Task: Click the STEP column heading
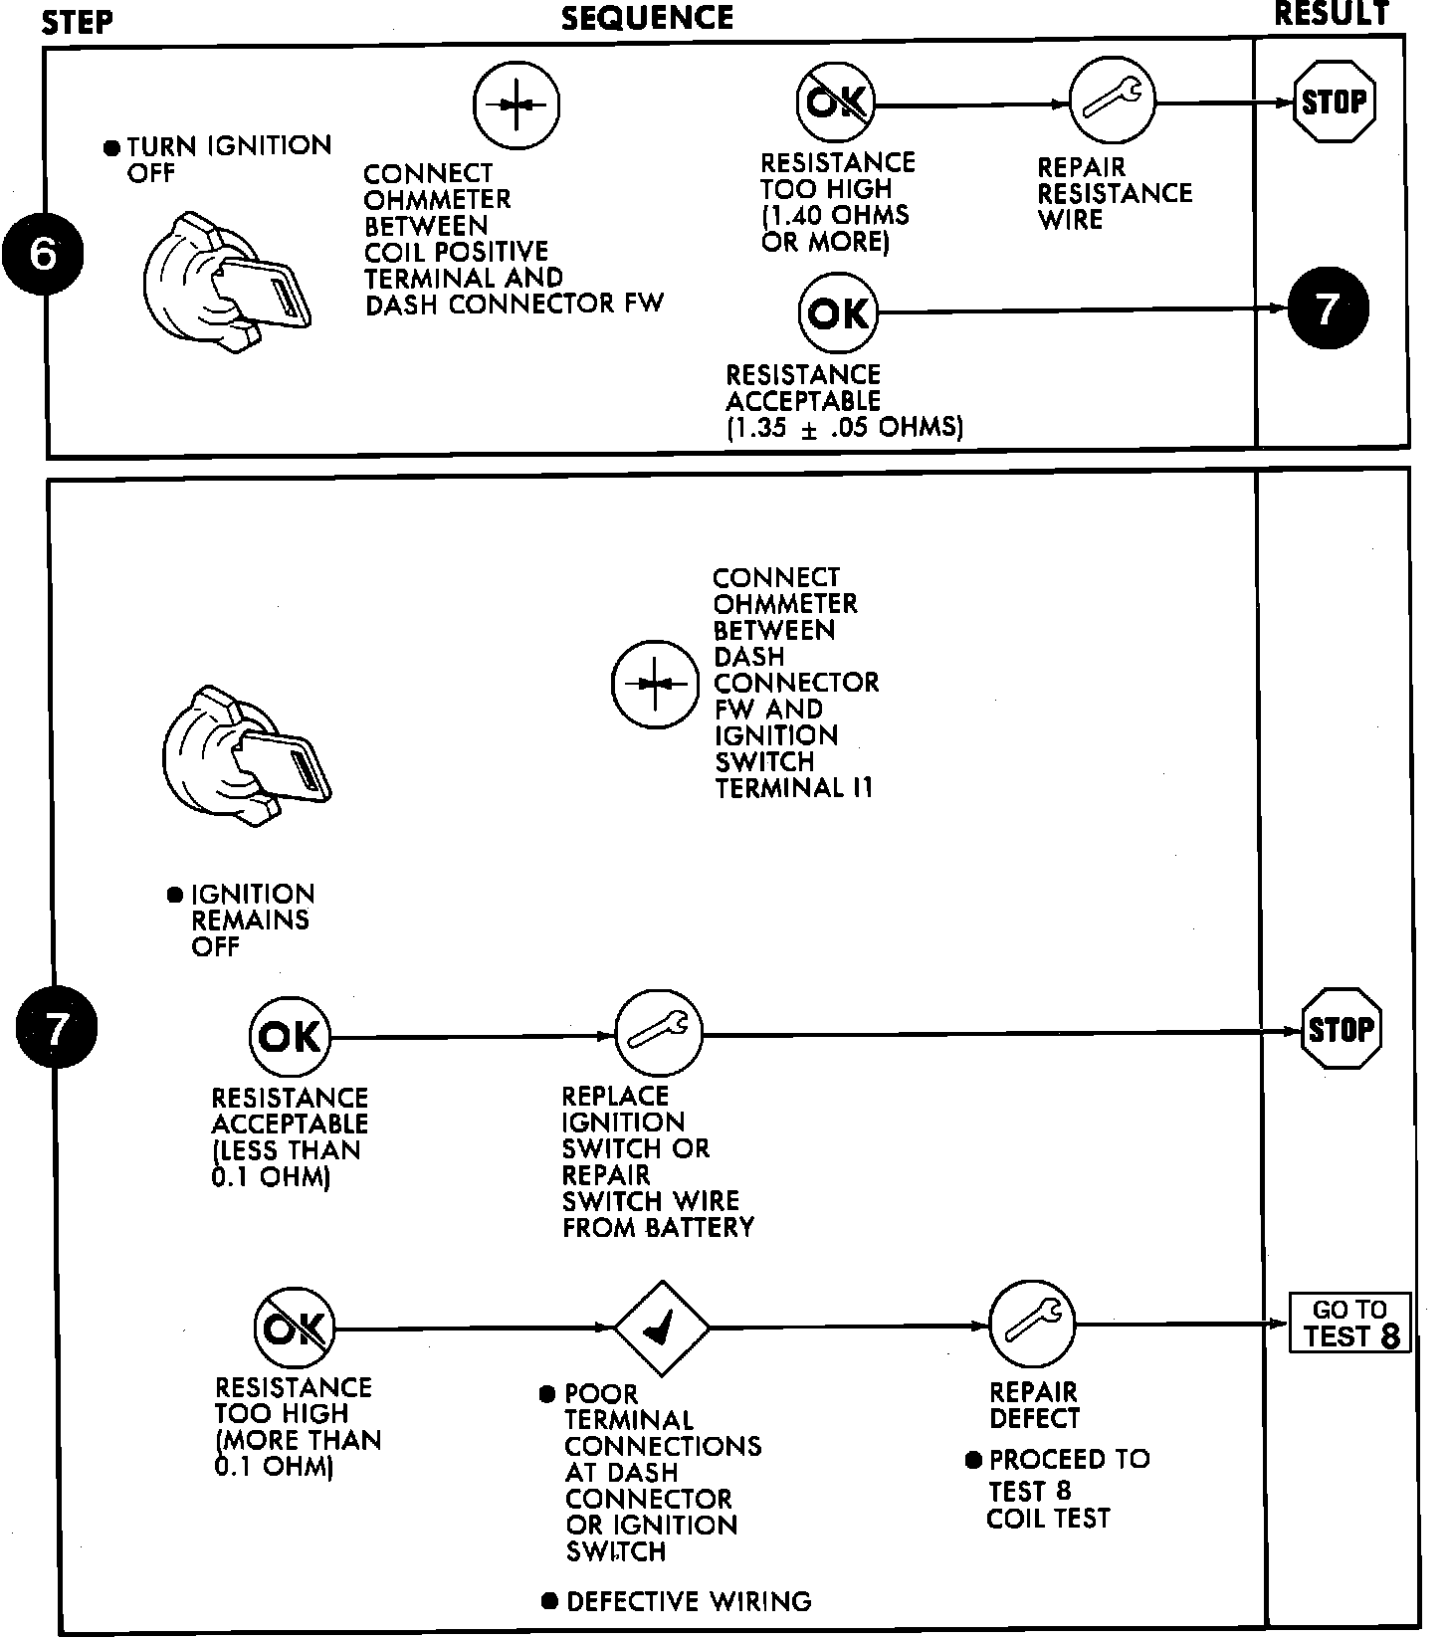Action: click(77, 21)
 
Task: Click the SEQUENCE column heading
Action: click(647, 18)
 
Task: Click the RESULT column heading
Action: click(1331, 14)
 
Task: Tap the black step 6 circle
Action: click(42, 256)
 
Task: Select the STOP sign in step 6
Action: click(1334, 102)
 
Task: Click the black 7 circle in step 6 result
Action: click(1329, 308)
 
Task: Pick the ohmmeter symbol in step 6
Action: click(516, 103)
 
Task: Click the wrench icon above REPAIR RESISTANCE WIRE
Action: click(1113, 101)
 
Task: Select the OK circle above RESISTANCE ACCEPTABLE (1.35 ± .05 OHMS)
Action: click(839, 313)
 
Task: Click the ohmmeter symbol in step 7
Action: click(654, 684)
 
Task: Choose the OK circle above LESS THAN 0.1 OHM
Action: click(290, 1037)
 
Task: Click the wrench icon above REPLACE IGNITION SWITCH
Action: click(658, 1034)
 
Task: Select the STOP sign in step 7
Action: click(1341, 1029)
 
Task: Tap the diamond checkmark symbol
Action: click(661, 1328)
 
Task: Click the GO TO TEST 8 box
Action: click(1349, 1324)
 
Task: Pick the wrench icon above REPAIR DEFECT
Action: click(1033, 1325)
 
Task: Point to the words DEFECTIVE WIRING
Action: click(688, 1601)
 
